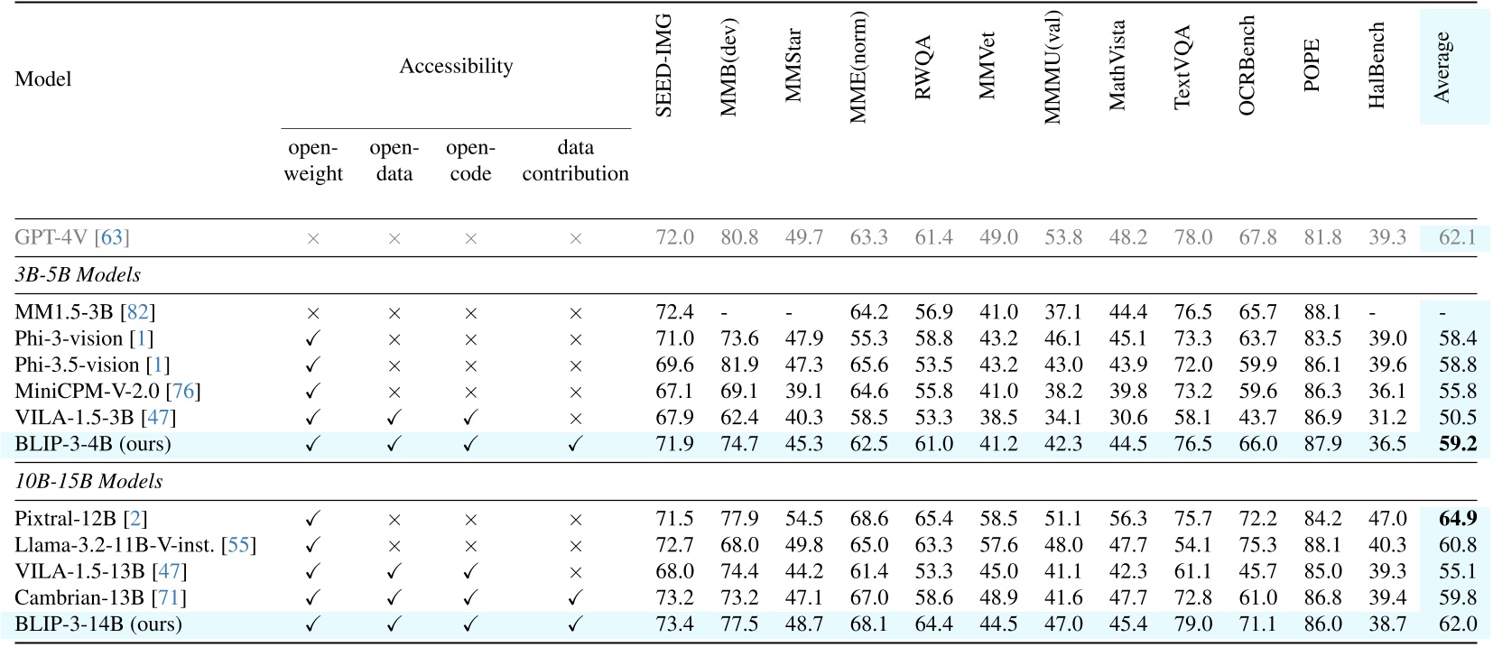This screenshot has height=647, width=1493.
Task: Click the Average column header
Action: (1442, 67)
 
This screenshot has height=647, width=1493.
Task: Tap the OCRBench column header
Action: (1247, 65)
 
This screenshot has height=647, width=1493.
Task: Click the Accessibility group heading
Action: (456, 66)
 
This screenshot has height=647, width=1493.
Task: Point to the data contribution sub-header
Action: (575, 161)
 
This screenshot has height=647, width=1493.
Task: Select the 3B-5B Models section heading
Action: (78, 274)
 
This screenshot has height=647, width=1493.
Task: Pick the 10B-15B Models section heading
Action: (88, 481)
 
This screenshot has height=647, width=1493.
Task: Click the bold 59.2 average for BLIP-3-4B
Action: (1458, 444)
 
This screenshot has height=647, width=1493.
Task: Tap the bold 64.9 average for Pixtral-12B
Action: (1458, 519)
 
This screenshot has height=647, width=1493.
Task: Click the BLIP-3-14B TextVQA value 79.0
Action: (1192, 624)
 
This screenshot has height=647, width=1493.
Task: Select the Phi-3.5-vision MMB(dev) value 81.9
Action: (738, 365)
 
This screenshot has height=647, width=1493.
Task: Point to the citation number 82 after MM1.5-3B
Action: (138, 312)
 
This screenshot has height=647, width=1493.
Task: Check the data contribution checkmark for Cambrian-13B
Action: (575, 597)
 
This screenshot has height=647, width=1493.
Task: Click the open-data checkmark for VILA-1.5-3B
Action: (394, 418)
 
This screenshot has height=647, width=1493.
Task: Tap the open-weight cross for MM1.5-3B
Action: (313, 313)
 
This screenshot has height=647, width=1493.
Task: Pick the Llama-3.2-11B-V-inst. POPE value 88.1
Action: (1322, 545)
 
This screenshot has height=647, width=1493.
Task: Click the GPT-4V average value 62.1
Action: (1458, 237)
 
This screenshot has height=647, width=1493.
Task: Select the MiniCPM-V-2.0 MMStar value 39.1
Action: (803, 391)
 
